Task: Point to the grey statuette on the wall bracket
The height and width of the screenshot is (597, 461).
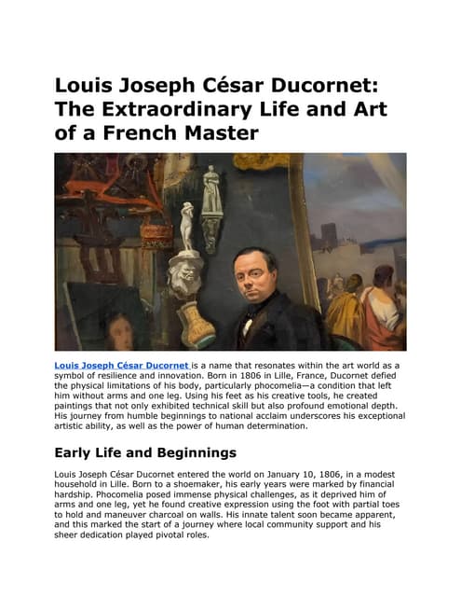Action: coord(212,189)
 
